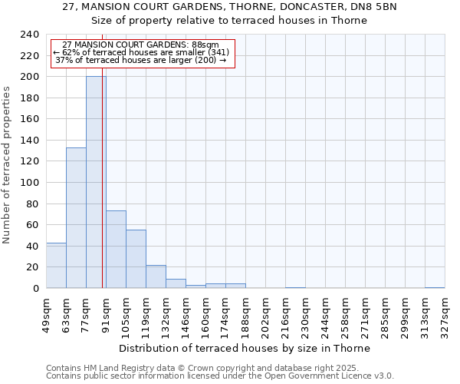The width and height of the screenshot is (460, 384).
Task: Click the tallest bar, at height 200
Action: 96,183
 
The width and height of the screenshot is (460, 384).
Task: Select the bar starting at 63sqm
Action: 76,218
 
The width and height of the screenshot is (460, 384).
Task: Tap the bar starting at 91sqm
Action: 116,250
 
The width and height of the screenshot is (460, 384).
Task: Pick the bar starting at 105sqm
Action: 136,259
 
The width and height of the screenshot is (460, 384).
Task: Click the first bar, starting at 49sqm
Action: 56,266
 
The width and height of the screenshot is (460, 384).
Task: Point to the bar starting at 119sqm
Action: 156,276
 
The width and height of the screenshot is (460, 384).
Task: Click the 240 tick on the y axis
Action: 30,35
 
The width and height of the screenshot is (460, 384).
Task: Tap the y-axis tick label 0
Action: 36,289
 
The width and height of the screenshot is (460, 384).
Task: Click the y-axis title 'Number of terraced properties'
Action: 7,165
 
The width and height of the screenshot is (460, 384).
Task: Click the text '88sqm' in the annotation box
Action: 205,45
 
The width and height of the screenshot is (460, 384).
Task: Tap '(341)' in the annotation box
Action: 213,52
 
